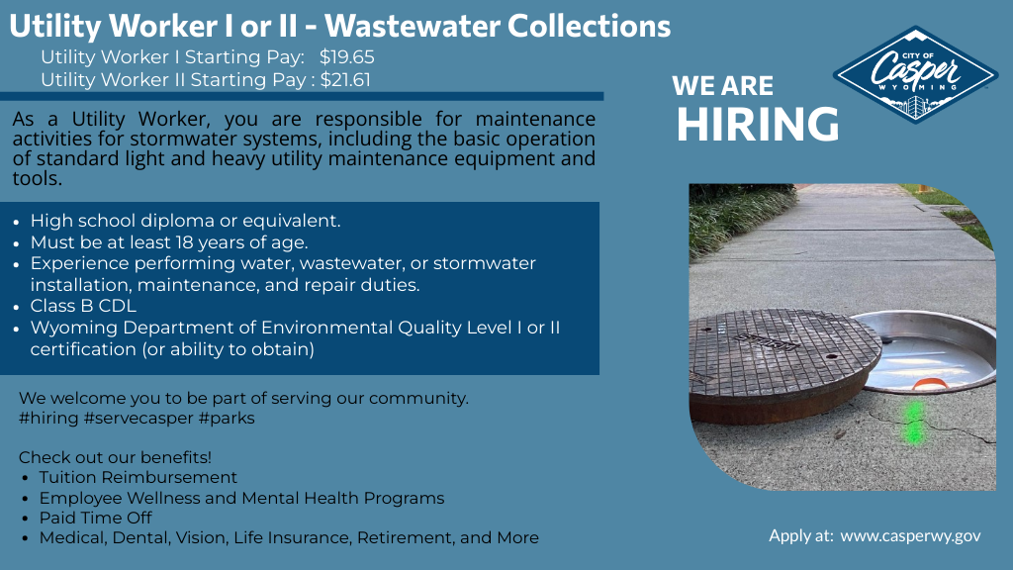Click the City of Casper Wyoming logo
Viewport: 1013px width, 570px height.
tap(915, 74)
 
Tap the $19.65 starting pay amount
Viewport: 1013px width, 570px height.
tap(346, 57)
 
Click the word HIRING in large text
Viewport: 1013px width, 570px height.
tap(758, 125)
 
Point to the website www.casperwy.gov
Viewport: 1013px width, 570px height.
tap(910, 535)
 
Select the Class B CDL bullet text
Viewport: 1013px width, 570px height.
tap(83, 307)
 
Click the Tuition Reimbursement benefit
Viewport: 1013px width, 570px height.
tap(138, 477)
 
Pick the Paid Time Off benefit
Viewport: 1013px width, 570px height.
tap(95, 518)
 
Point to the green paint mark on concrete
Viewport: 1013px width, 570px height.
tap(915, 421)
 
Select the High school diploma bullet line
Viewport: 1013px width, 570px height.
tap(185, 221)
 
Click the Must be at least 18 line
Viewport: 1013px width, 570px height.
tap(169, 241)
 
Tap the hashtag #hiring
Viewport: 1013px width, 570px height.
tap(48, 418)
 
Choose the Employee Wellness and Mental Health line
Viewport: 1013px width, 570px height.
tap(241, 498)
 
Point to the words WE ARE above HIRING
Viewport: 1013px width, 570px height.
tap(723, 86)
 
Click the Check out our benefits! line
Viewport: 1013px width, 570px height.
tap(115, 457)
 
